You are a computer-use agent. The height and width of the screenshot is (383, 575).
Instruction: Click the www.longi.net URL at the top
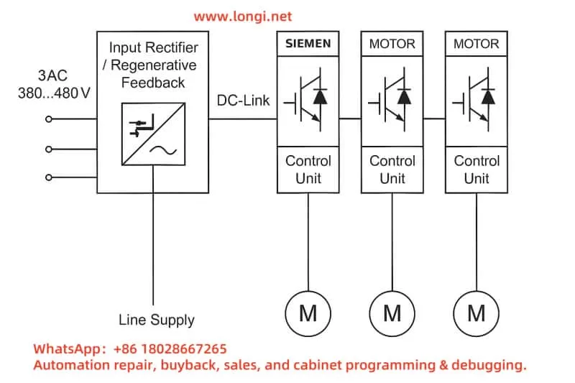(x=244, y=16)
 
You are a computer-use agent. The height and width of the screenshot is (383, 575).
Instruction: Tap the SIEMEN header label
(x=308, y=44)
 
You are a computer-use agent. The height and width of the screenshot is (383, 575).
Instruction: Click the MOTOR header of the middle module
(x=392, y=44)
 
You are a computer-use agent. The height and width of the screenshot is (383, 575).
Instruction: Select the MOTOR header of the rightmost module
(x=477, y=44)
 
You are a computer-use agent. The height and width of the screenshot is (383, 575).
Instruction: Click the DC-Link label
(x=244, y=101)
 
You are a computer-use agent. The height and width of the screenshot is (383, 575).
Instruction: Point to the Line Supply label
(x=156, y=320)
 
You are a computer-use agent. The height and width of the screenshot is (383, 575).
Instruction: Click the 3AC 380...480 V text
(x=54, y=84)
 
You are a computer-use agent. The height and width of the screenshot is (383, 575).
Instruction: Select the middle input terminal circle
(x=49, y=149)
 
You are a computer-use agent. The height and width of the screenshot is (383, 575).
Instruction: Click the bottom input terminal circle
(x=49, y=177)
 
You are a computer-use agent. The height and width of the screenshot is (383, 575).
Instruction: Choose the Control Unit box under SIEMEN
(x=308, y=170)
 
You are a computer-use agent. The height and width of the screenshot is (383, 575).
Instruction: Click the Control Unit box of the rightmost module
(x=477, y=170)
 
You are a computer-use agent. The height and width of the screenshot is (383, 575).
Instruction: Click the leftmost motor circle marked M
(x=308, y=313)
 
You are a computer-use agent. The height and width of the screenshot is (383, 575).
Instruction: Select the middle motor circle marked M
(x=392, y=313)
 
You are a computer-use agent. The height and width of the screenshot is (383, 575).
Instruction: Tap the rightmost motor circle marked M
(x=477, y=313)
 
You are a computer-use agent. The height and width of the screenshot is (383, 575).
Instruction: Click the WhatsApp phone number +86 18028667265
(x=170, y=349)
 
